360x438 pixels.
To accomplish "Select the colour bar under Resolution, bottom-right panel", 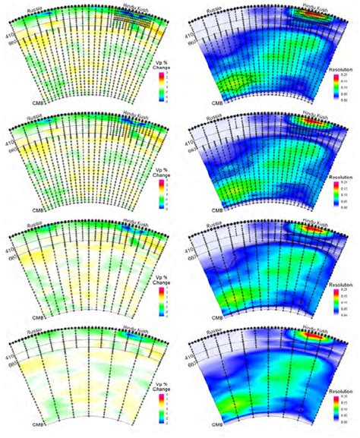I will (x=333, y=408).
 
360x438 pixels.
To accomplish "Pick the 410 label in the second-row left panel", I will (x=10, y=140).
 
